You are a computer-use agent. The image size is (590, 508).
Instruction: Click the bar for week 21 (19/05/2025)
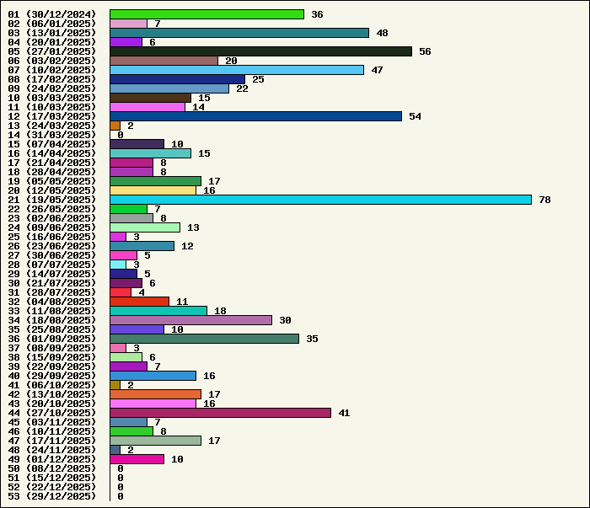click(x=320, y=200)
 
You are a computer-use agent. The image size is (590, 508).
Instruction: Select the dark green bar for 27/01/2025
click(x=260, y=51)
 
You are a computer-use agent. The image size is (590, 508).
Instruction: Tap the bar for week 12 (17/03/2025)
click(x=255, y=116)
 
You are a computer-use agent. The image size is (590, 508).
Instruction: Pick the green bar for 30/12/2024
click(x=206, y=14)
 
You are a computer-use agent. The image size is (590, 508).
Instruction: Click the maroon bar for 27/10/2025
click(x=220, y=413)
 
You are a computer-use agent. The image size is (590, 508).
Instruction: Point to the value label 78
click(x=544, y=200)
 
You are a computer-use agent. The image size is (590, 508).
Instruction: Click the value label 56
click(x=425, y=51)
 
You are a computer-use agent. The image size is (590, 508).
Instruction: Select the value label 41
click(x=344, y=413)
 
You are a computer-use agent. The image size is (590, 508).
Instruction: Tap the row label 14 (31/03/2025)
click(x=51, y=135)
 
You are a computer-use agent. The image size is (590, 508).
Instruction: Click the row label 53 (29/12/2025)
click(x=51, y=496)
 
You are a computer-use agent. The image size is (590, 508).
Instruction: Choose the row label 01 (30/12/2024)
click(x=51, y=14)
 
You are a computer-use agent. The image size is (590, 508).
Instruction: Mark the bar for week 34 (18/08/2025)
click(x=190, y=320)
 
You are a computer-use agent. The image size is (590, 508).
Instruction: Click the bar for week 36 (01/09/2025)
click(x=204, y=339)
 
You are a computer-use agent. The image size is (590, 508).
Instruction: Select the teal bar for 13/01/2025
click(x=239, y=33)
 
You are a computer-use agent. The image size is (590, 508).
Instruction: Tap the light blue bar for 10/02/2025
click(x=237, y=70)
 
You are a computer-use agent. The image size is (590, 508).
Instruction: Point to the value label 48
click(x=382, y=33)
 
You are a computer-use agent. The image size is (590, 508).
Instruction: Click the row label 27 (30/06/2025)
click(x=51, y=255)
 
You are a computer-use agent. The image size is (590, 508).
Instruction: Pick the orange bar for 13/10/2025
click(x=155, y=394)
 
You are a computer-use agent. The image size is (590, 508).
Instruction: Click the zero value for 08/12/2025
click(x=121, y=468)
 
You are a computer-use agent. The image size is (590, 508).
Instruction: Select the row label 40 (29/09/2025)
click(x=51, y=376)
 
